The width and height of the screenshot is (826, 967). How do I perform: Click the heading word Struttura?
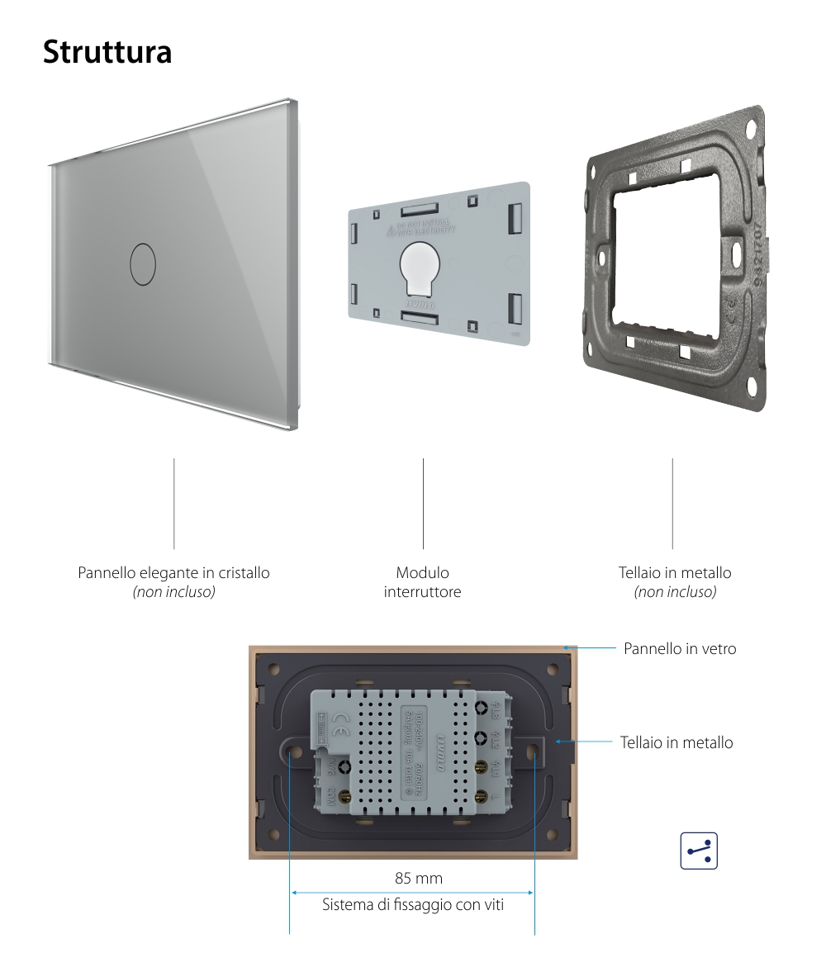point(107,51)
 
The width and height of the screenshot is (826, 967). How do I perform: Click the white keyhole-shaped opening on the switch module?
point(421,268)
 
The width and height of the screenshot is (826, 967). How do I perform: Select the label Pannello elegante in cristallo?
point(173,572)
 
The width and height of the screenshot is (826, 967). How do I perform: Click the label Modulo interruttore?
point(422,582)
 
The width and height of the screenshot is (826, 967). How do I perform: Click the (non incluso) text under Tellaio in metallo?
point(675,592)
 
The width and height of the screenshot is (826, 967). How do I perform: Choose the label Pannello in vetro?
point(680,649)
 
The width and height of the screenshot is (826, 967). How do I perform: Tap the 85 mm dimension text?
point(419,877)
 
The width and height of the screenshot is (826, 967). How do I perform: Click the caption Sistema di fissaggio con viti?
point(413,905)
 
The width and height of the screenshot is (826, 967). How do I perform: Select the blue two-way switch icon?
point(699,851)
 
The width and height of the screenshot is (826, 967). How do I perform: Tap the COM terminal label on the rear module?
point(329,798)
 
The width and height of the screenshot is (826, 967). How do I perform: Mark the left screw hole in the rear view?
point(292,752)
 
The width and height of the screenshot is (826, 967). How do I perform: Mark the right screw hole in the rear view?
point(533,752)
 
